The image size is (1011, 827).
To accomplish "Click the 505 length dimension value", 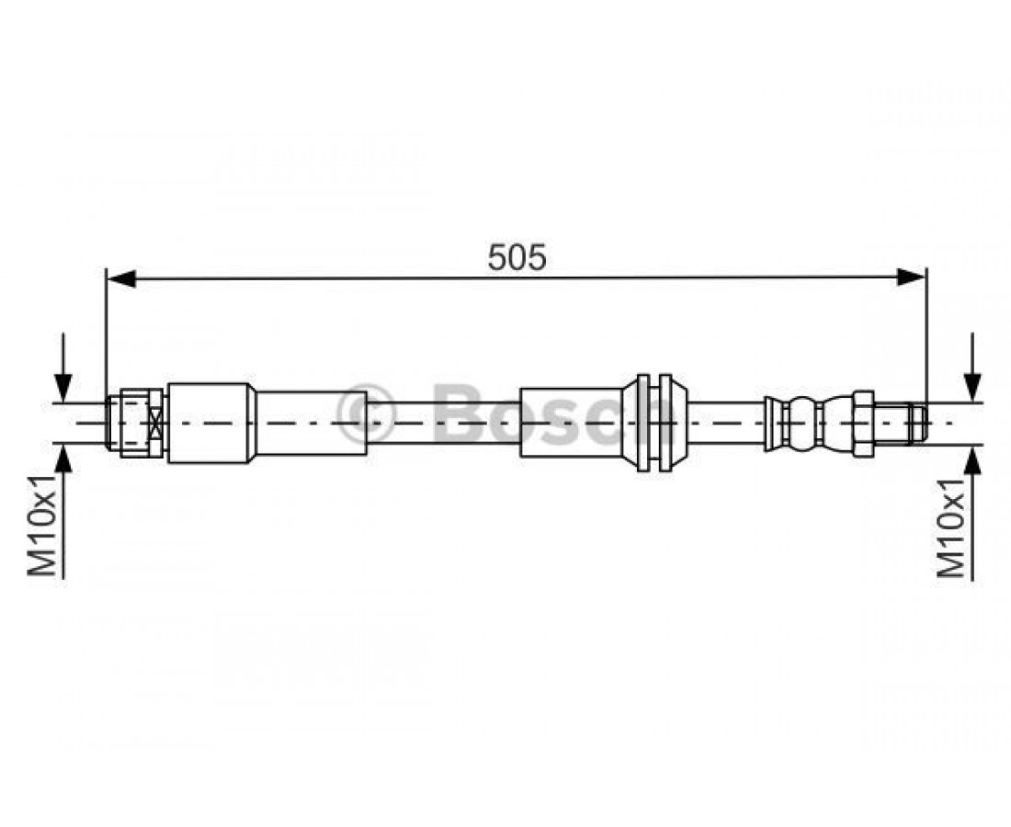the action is [517, 257].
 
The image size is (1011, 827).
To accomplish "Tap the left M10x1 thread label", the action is [42, 526].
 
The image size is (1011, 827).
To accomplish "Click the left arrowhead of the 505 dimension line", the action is [121, 278].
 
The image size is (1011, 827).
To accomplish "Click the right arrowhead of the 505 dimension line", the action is [911, 278].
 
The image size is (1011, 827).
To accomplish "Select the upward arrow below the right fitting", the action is [973, 513].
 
